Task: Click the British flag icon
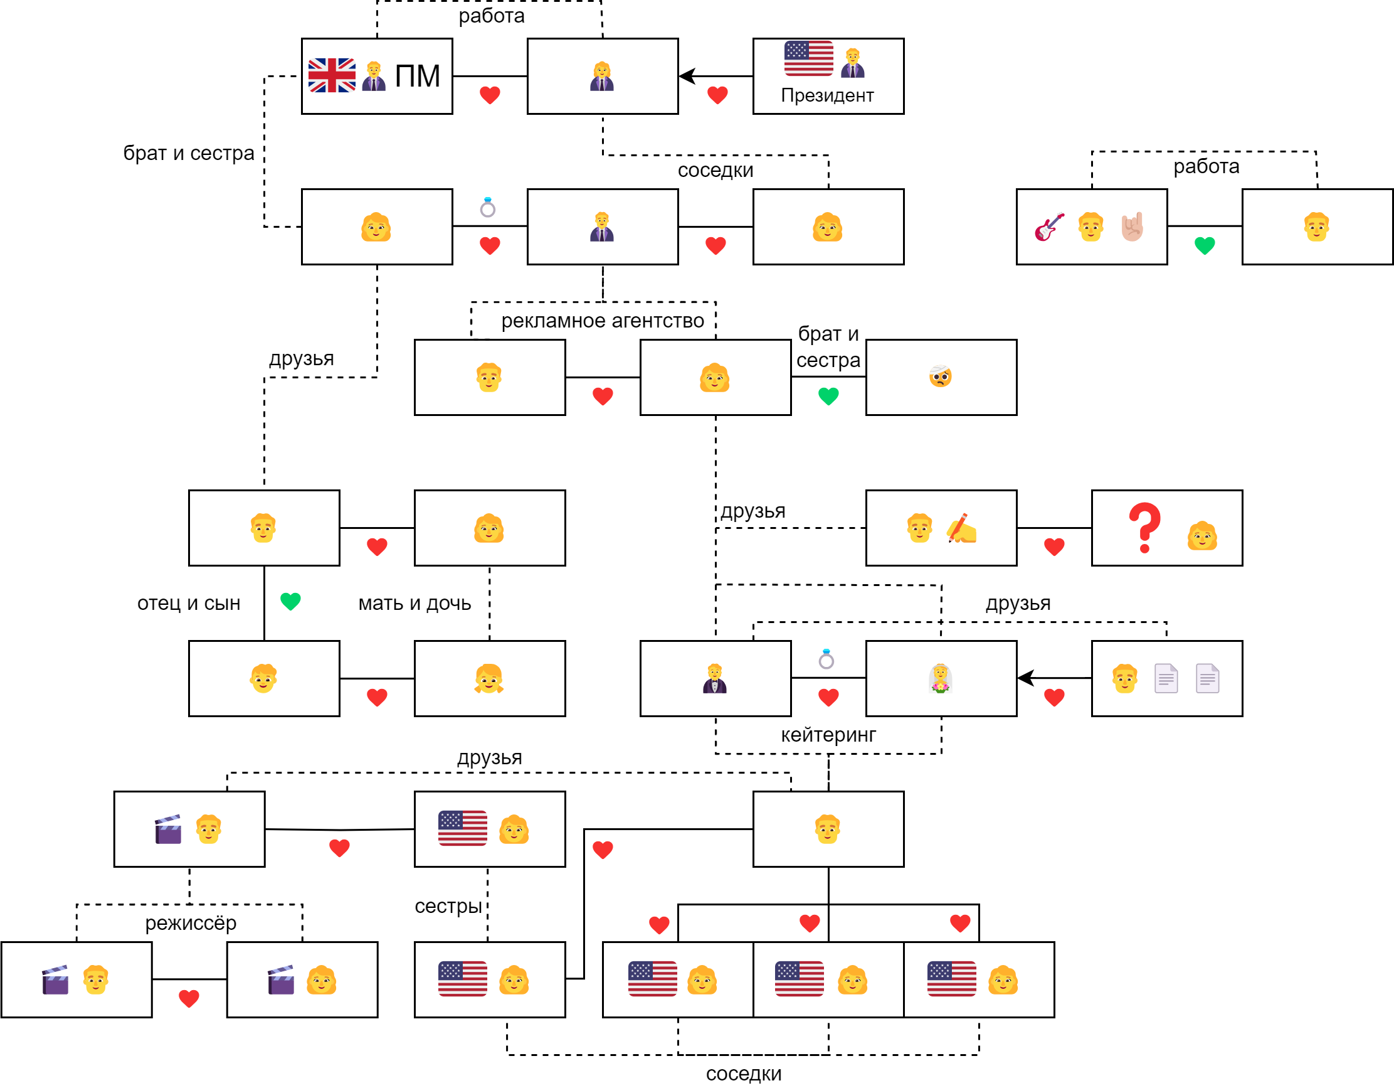pyautogui.click(x=332, y=75)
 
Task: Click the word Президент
pyautogui.click(x=827, y=95)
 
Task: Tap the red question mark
pyautogui.click(x=1144, y=528)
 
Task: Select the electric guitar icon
pyautogui.click(x=1049, y=227)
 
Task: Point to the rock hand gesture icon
pyautogui.click(x=1133, y=227)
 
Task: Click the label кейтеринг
pyautogui.click(x=828, y=735)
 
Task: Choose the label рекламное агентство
pyautogui.click(x=602, y=321)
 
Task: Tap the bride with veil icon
pyautogui.click(x=940, y=679)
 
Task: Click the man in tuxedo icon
pyautogui.click(x=715, y=679)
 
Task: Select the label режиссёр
pyautogui.click(x=190, y=922)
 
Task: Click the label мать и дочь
pyautogui.click(x=415, y=603)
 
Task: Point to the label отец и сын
pyautogui.click(x=188, y=603)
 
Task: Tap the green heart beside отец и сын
pyautogui.click(x=290, y=601)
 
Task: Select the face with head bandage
pyautogui.click(x=940, y=376)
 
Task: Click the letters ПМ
pyautogui.click(x=418, y=76)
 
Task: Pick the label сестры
pyautogui.click(x=448, y=906)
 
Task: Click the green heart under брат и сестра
pyautogui.click(x=828, y=397)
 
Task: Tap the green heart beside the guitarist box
pyautogui.click(x=1205, y=245)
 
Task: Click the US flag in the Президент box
pyautogui.click(x=809, y=59)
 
